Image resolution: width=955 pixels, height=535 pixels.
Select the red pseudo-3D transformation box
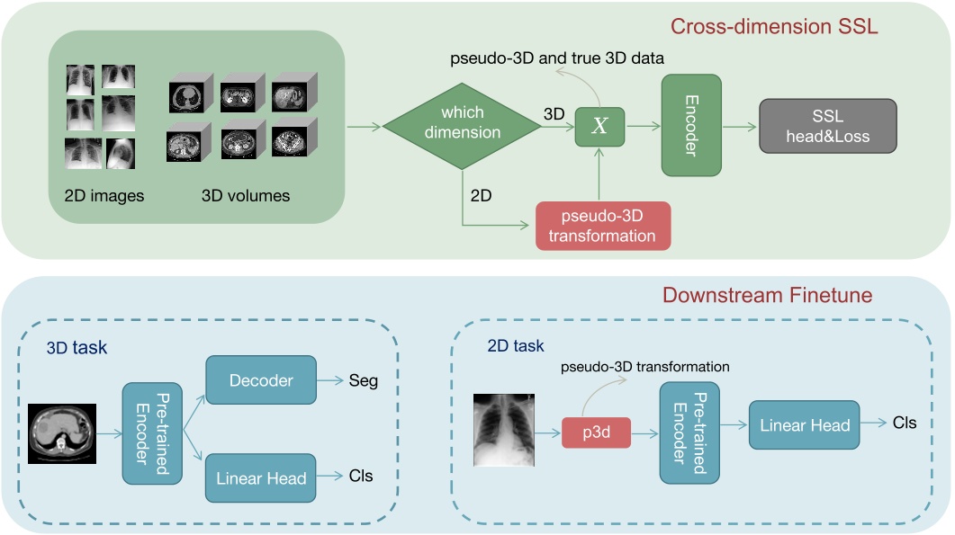(x=603, y=226)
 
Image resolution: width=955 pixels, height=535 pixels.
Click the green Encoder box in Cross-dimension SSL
(x=691, y=126)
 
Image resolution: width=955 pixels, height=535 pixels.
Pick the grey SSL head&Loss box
(x=827, y=126)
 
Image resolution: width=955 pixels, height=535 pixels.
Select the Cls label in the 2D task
(x=904, y=423)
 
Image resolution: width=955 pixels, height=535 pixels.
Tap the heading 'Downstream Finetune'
(x=767, y=295)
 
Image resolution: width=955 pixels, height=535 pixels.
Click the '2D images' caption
(x=104, y=195)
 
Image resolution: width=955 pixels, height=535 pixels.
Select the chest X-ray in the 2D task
(x=505, y=429)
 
